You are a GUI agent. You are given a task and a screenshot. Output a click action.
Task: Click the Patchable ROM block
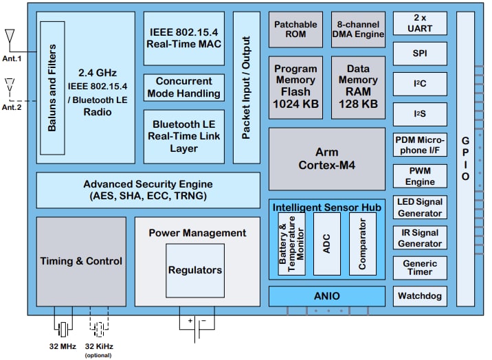click(x=295, y=29)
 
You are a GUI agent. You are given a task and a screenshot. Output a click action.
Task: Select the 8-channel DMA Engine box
click(x=357, y=29)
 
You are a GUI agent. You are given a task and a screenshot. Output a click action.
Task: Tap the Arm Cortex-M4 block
click(x=326, y=158)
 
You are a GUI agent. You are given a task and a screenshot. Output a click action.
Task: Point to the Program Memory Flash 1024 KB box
click(x=295, y=86)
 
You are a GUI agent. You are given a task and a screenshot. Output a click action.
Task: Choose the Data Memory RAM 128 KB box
click(x=357, y=86)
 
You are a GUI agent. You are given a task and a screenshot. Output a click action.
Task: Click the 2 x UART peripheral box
click(x=419, y=23)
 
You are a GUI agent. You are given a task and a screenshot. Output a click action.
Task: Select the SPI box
click(x=419, y=53)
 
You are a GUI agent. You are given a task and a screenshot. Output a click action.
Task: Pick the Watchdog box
click(x=419, y=297)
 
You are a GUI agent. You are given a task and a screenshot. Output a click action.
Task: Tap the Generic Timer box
click(x=419, y=267)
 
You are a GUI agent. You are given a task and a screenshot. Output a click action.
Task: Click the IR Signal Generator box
click(x=419, y=238)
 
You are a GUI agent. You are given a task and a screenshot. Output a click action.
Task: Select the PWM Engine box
click(x=419, y=176)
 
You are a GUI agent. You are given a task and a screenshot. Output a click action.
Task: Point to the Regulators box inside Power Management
click(x=195, y=270)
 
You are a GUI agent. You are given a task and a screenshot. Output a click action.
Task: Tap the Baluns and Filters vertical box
click(x=52, y=87)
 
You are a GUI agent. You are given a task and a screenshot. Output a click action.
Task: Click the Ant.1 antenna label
click(x=12, y=58)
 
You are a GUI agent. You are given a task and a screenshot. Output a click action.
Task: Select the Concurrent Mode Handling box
click(x=184, y=87)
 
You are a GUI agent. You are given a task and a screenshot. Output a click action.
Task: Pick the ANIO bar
click(x=326, y=296)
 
